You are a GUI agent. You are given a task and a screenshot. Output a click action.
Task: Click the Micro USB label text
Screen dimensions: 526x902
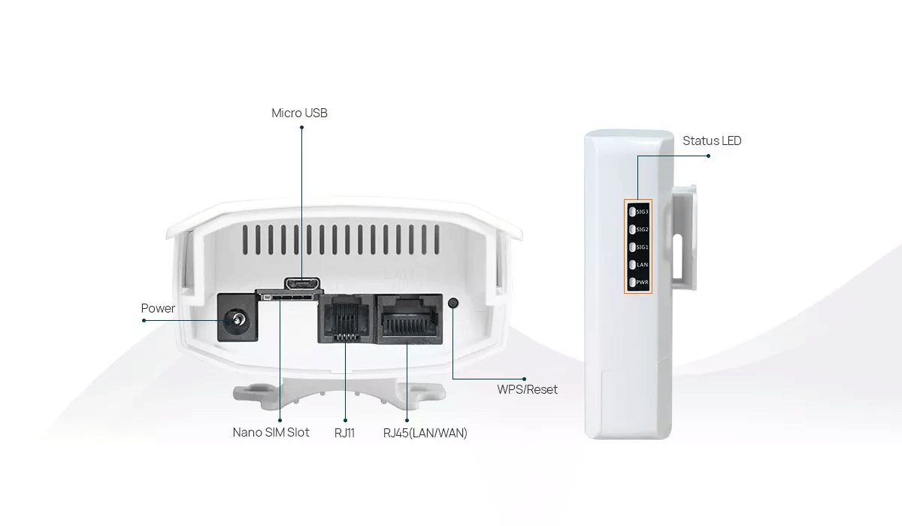pyautogui.click(x=299, y=113)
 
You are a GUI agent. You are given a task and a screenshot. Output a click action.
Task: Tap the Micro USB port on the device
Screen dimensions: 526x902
pyautogui.click(x=301, y=284)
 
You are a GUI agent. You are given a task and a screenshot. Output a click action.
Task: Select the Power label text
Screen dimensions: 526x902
pyautogui.click(x=158, y=309)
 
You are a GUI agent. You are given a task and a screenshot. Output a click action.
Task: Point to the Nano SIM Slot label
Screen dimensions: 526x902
pyautogui.click(x=271, y=433)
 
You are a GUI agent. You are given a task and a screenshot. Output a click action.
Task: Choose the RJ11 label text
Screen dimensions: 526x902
pyautogui.click(x=344, y=433)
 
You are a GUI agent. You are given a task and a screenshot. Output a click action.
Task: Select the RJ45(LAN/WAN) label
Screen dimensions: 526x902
pyautogui.click(x=425, y=433)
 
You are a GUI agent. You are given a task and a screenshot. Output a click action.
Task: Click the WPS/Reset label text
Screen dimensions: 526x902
pyautogui.click(x=527, y=390)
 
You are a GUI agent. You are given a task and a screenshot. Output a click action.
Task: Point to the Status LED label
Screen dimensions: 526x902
pyautogui.click(x=712, y=141)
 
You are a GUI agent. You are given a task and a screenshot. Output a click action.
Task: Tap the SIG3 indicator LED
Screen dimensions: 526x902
pyautogui.click(x=633, y=211)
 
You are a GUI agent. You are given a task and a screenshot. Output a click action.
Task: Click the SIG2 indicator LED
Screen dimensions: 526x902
pyautogui.click(x=633, y=229)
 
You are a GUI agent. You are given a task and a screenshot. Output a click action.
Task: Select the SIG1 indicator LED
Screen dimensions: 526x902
pyautogui.click(x=633, y=247)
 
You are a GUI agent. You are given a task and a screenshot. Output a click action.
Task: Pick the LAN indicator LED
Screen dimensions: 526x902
pyautogui.click(x=633, y=265)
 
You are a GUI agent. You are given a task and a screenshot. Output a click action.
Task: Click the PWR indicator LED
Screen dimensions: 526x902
pyautogui.click(x=633, y=283)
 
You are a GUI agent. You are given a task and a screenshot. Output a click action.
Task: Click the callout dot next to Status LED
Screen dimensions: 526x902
pyautogui.click(x=708, y=156)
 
